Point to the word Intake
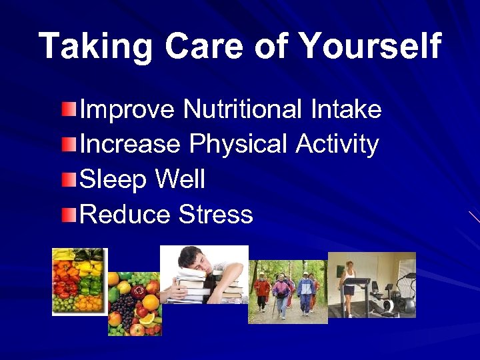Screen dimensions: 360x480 [x=345, y=109]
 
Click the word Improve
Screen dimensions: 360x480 [x=127, y=109]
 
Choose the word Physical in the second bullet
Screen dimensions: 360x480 [x=238, y=143]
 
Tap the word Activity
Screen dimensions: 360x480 [x=337, y=143]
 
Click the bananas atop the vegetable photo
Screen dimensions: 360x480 [x=65, y=254]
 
